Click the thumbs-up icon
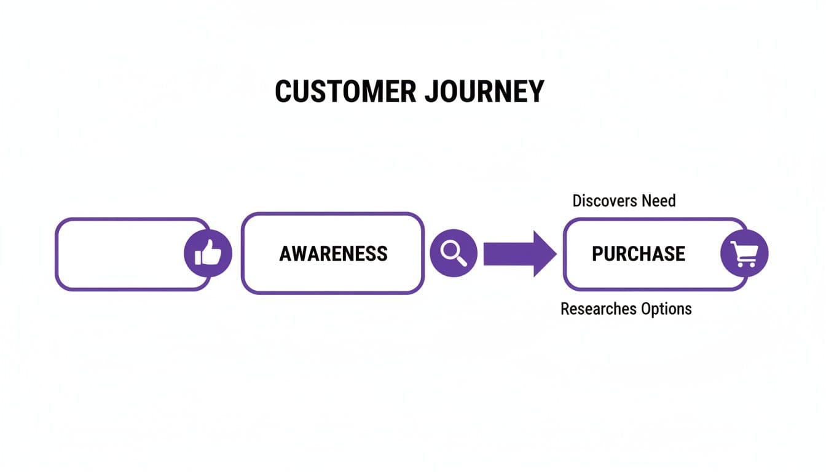coord(208,253)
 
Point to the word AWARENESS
coord(333,253)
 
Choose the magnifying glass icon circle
coord(453,253)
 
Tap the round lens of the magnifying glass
coord(450,250)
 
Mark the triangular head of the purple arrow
coord(544,253)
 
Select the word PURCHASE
coord(638,253)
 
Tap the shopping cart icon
coord(744,253)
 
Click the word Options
coord(666,309)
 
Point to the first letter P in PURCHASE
coord(598,253)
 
